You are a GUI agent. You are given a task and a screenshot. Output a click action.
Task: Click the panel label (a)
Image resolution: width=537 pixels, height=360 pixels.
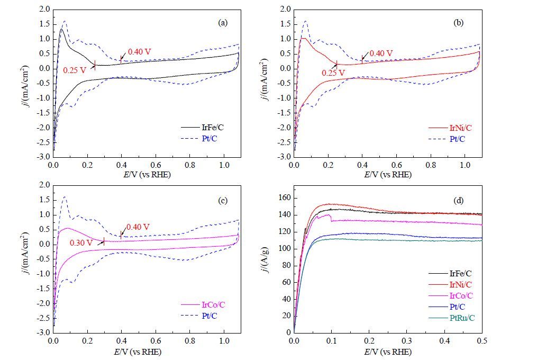click(x=223, y=23)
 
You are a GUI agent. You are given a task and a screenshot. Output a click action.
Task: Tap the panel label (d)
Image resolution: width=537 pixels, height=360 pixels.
click(x=458, y=200)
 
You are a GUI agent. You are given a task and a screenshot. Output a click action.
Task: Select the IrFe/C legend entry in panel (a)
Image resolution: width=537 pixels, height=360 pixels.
click(x=203, y=128)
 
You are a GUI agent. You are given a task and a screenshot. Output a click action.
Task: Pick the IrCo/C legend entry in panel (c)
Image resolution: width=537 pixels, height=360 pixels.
click(x=203, y=304)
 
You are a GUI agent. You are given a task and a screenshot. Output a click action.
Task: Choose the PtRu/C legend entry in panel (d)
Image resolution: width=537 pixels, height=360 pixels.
click(x=452, y=318)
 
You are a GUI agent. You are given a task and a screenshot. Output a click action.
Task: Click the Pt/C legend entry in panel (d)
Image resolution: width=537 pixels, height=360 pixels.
click(x=447, y=307)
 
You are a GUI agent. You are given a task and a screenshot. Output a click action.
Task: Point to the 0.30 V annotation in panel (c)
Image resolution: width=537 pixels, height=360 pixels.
click(x=81, y=243)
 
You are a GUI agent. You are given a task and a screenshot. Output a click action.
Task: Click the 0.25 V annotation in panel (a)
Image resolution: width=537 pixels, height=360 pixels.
click(x=75, y=70)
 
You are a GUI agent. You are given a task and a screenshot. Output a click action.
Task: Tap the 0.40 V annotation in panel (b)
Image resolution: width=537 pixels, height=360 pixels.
click(x=381, y=53)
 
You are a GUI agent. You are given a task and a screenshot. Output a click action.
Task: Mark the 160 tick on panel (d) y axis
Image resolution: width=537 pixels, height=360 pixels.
click(x=284, y=198)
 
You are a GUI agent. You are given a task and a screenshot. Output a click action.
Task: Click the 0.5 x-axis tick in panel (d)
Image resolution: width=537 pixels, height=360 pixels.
click(x=482, y=341)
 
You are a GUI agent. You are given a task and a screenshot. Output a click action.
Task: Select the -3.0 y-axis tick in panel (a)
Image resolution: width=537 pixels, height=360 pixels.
click(x=44, y=157)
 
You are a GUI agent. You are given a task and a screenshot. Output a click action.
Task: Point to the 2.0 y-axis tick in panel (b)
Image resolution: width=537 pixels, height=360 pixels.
click(x=285, y=9)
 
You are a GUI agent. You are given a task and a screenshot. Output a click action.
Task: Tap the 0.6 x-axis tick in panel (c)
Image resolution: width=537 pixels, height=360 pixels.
click(x=156, y=341)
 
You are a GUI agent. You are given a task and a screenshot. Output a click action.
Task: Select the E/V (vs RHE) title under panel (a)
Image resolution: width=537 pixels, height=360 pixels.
click(x=147, y=175)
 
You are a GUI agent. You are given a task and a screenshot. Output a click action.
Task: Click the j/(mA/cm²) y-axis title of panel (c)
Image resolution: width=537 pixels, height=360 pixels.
click(x=25, y=254)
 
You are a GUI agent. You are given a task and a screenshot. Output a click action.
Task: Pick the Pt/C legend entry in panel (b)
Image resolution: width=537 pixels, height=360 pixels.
click(x=447, y=139)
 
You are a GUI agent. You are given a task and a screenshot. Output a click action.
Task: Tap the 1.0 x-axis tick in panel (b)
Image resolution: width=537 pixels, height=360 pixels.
click(x=465, y=165)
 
